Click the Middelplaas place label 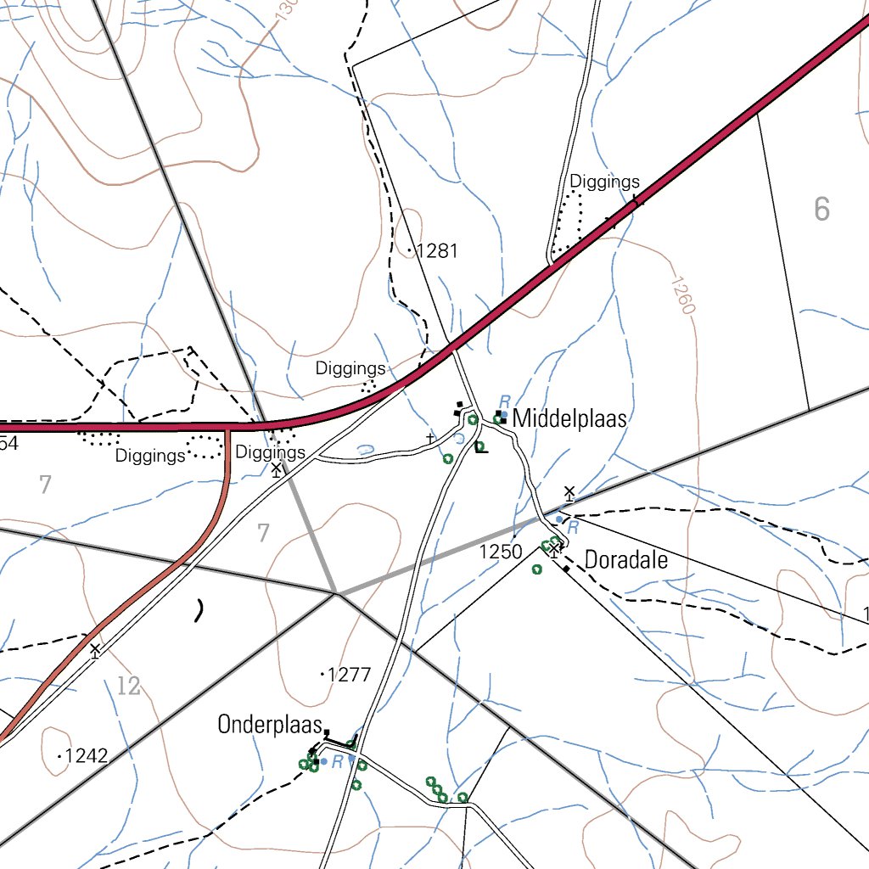(x=570, y=418)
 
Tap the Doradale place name (x=626, y=561)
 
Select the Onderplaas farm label (x=271, y=725)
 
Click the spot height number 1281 (x=438, y=251)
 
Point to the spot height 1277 (x=349, y=676)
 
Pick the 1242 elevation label (x=87, y=755)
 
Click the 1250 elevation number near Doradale (x=501, y=552)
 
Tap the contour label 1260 (x=682, y=294)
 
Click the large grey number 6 (x=821, y=209)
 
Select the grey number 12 (x=128, y=686)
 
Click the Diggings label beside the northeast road (x=604, y=182)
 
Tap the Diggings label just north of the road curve (x=350, y=369)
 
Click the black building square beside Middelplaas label (x=503, y=416)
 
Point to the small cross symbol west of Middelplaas (x=430, y=438)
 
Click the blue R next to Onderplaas (x=337, y=762)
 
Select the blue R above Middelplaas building (x=504, y=400)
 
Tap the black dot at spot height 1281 (x=410, y=251)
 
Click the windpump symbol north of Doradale (x=569, y=493)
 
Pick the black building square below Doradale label (x=566, y=569)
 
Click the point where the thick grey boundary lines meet (x=336, y=593)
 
